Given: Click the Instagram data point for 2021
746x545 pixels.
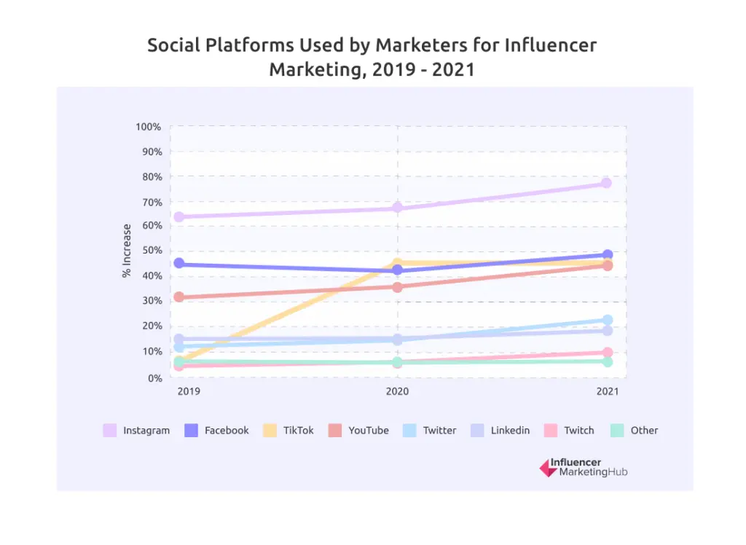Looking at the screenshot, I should (606, 183).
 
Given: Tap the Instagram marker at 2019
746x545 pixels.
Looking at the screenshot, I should (178, 217).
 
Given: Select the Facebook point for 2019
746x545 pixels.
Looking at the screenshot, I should (178, 264).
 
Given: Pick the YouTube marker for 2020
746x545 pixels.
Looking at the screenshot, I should (397, 287).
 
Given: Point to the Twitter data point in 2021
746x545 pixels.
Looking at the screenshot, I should (607, 320).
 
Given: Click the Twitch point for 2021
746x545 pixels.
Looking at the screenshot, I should (607, 353).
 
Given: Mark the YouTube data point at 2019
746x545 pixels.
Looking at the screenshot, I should (178, 297).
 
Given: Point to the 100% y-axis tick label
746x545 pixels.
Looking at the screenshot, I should (148, 127).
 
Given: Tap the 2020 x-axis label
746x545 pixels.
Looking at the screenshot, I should (397, 391).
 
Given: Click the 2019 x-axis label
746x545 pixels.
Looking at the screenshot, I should (189, 391).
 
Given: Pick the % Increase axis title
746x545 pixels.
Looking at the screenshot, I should (127, 251).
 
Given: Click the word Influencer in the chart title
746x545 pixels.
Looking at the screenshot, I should (551, 45).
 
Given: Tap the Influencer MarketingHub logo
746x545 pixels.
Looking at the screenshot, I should (583, 468).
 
